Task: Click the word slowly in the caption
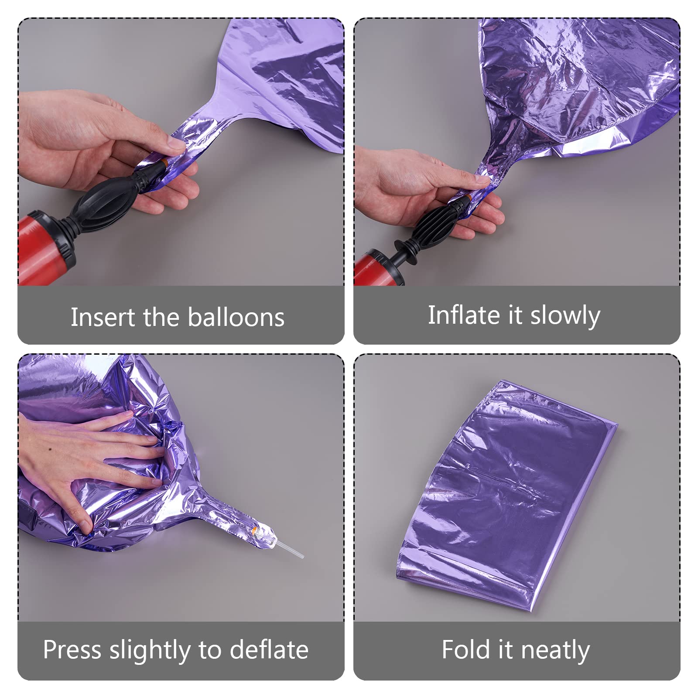pos(565,316)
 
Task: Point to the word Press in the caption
pos(72,650)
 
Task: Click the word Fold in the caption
pos(466,650)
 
